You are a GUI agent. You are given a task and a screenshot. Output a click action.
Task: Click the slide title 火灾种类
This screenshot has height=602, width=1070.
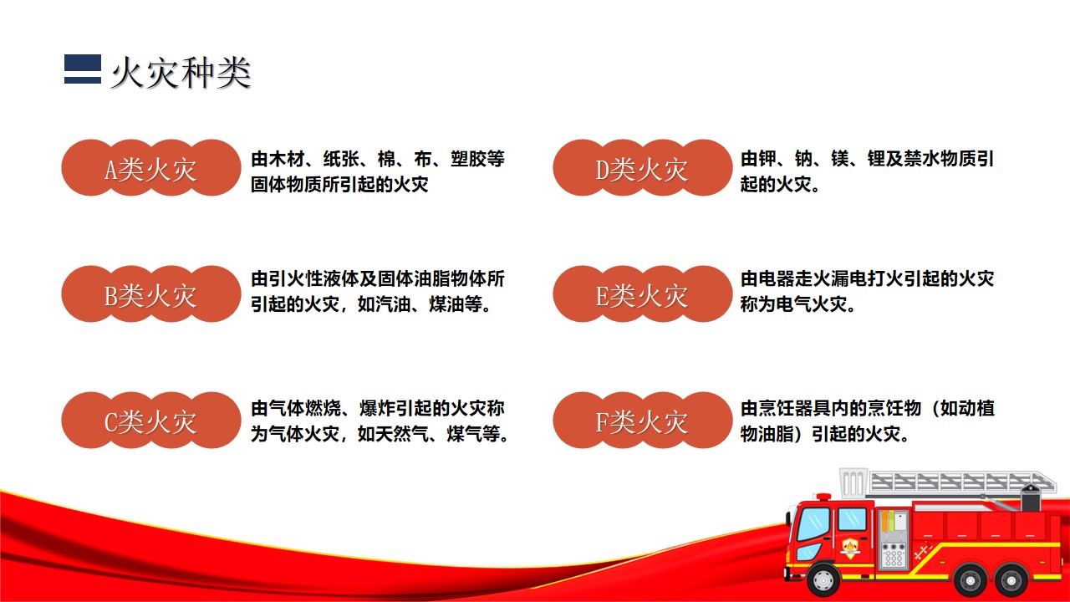point(181,73)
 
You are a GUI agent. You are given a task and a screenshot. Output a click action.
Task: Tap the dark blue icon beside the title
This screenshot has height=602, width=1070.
point(83,69)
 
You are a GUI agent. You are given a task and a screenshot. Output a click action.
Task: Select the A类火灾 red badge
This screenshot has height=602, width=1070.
point(151,168)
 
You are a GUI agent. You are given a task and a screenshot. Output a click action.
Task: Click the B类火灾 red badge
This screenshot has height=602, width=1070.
point(151,293)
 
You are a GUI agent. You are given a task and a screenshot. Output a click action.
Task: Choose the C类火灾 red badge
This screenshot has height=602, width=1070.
point(151,420)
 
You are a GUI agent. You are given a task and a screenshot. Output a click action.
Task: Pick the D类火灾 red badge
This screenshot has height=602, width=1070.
point(643,168)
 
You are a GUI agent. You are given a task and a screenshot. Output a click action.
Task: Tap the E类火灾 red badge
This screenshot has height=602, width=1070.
point(643,293)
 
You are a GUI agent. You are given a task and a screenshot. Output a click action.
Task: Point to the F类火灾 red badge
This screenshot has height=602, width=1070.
point(643,420)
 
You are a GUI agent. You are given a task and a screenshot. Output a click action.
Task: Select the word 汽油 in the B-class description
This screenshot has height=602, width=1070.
point(394,304)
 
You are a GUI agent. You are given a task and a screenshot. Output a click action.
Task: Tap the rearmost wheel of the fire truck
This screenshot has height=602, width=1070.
point(1011,580)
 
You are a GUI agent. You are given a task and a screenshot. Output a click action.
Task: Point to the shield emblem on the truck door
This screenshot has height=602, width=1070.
point(850,548)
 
